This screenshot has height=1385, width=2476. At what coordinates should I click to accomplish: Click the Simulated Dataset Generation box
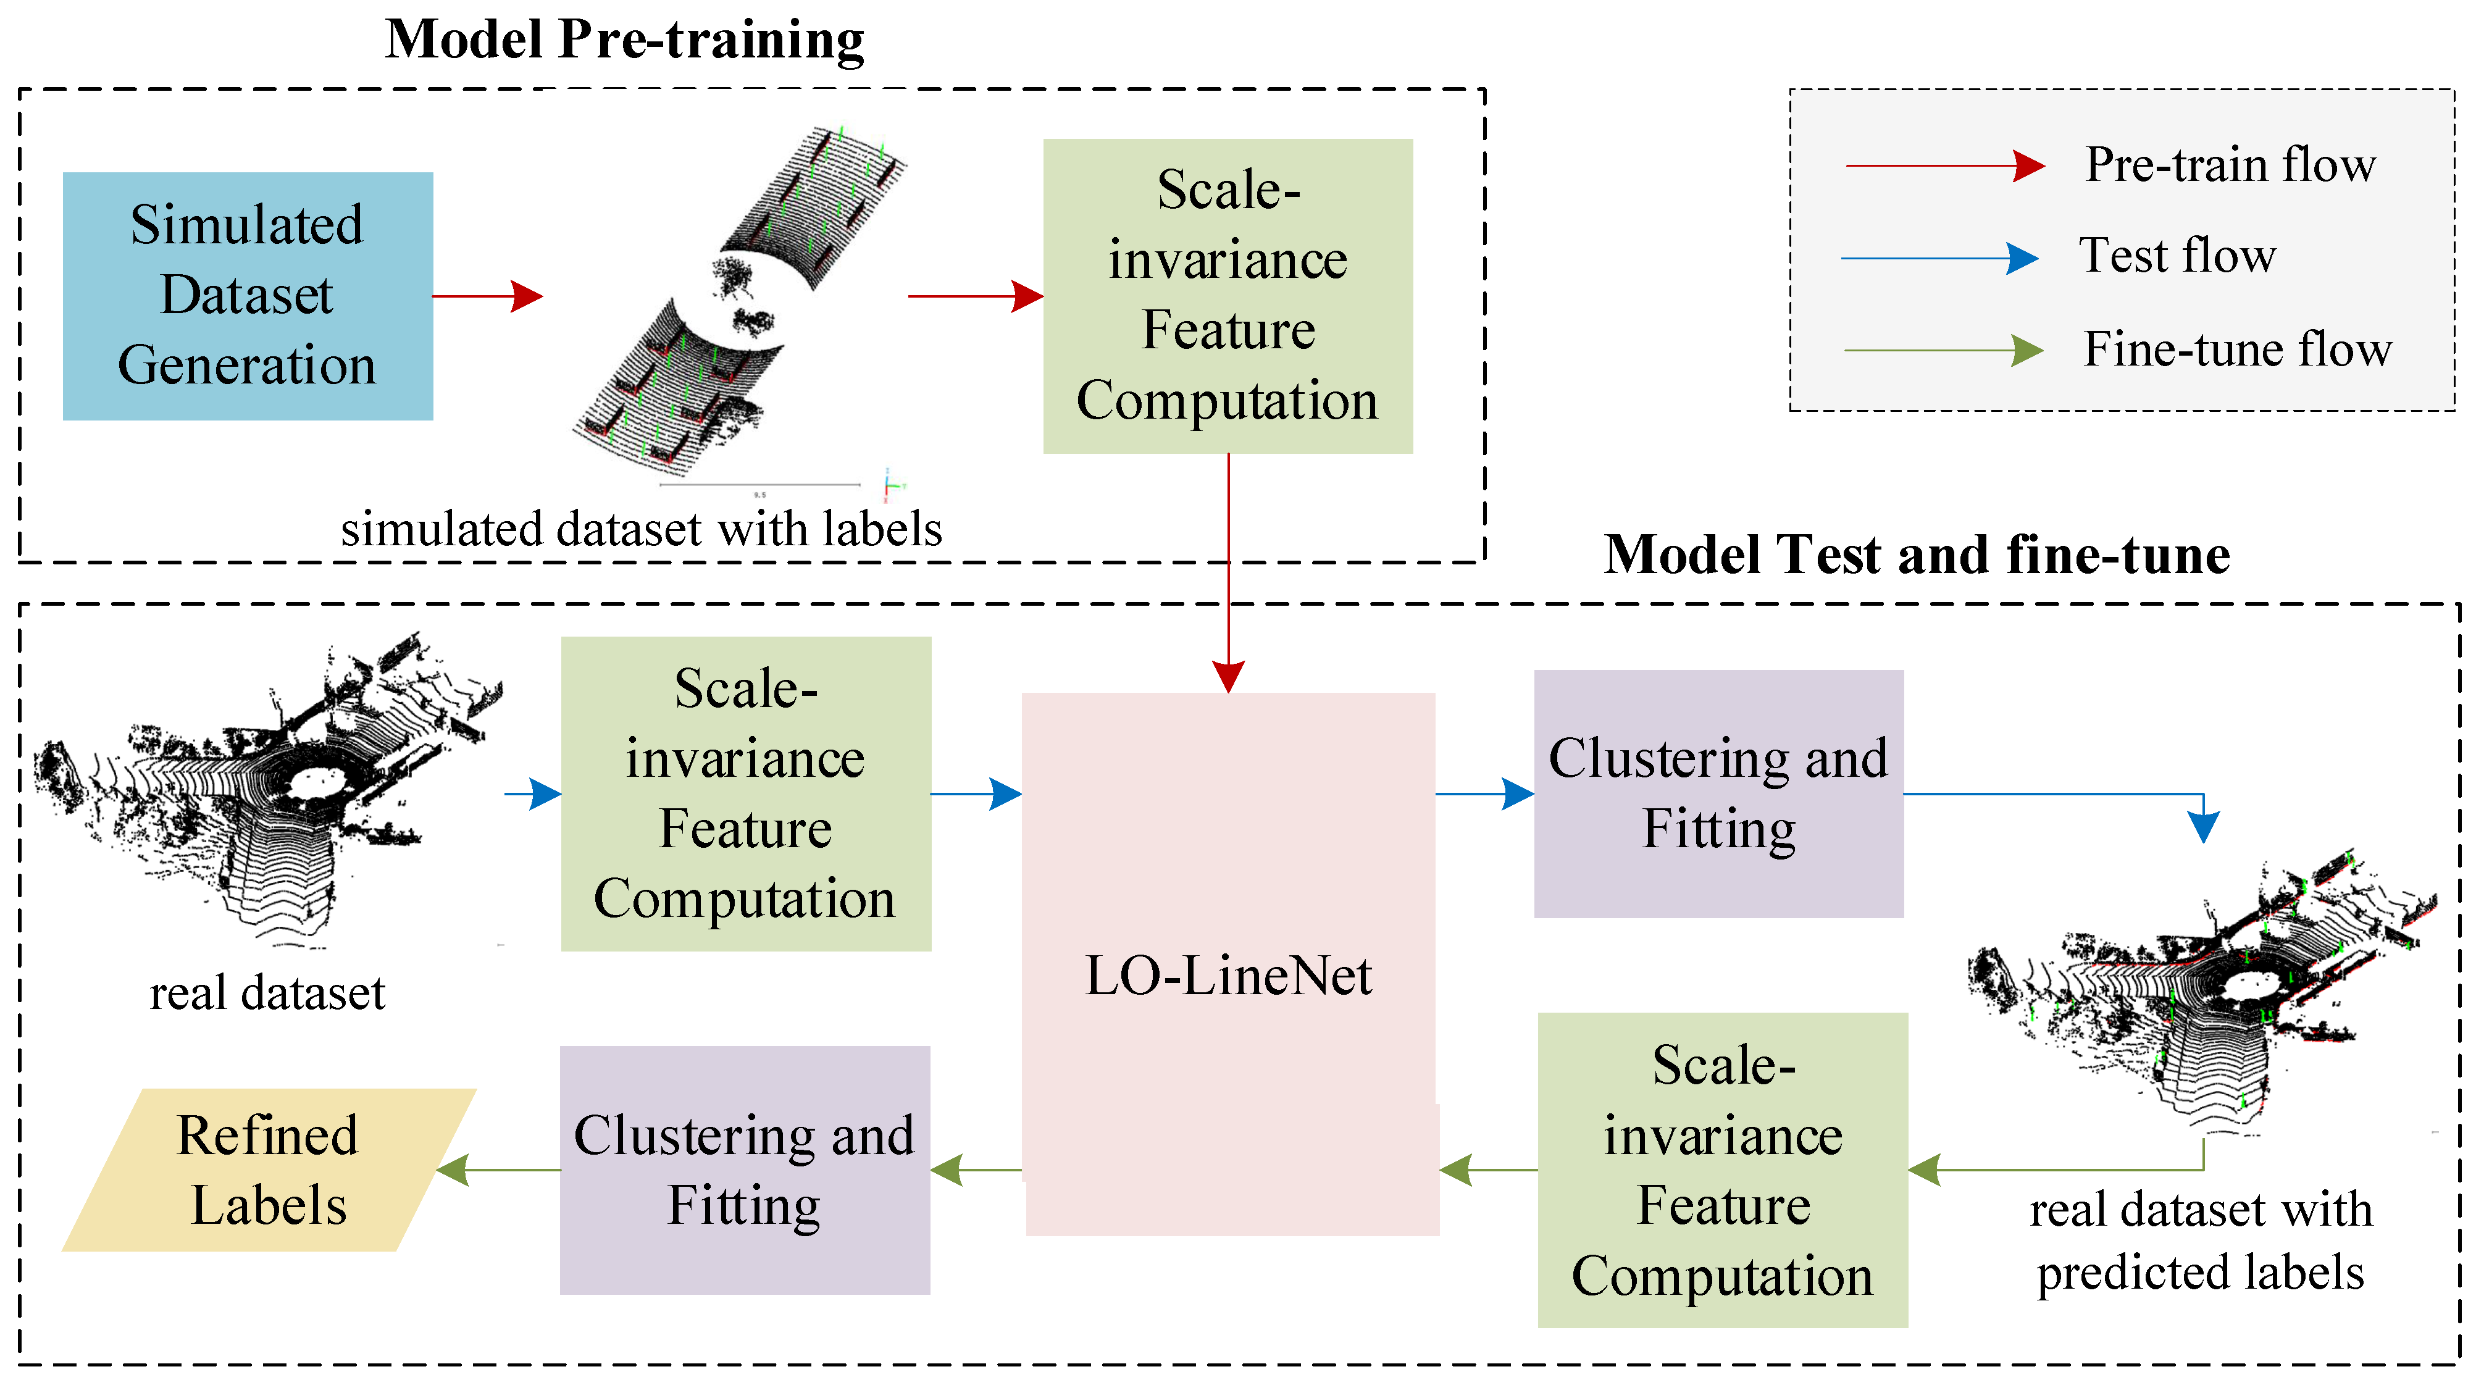point(247,295)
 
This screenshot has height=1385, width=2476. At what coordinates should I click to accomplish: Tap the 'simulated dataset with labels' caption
point(641,529)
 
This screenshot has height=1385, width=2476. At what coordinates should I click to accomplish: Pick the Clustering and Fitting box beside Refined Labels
point(744,1170)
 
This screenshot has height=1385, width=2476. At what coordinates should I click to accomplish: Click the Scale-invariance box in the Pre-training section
point(1228,295)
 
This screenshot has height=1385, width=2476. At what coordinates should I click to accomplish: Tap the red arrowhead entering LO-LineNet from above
point(1228,676)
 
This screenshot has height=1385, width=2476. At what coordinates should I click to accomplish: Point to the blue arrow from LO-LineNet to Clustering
point(1484,794)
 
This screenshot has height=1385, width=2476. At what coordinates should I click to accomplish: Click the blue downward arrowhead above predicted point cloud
point(2203,826)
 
